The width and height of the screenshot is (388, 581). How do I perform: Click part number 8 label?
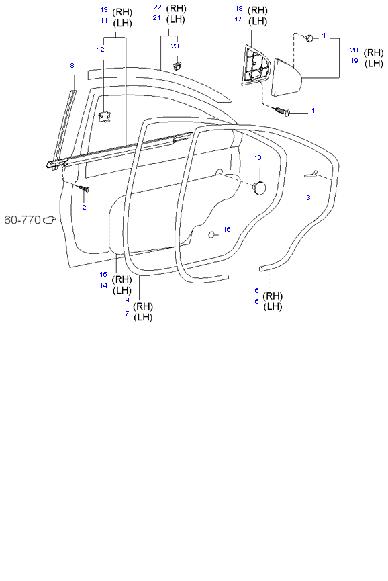click(x=72, y=65)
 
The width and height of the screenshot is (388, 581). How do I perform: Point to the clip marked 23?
click(x=179, y=65)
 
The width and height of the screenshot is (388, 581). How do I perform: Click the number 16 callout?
click(x=226, y=229)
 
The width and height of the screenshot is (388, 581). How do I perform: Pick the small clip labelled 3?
click(x=309, y=175)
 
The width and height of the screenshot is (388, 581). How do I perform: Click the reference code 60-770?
click(x=22, y=220)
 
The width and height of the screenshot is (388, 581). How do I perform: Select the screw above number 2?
click(x=85, y=189)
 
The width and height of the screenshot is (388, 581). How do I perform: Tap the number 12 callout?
click(x=101, y=49)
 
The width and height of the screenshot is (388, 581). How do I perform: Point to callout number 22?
click(x=157, y=7)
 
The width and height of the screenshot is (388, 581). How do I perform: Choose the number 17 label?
click(x=238, y=19)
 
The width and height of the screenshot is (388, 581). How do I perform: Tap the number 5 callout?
click(x=256, y=302)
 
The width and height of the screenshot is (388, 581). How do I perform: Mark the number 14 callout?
click(x=103, y=285)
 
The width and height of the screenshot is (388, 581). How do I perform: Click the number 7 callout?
click(x=127, y=313)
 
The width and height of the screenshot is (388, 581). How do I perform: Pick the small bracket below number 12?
click(x=105, y=117)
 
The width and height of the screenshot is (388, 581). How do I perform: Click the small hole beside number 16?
click(x=211, y=235)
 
